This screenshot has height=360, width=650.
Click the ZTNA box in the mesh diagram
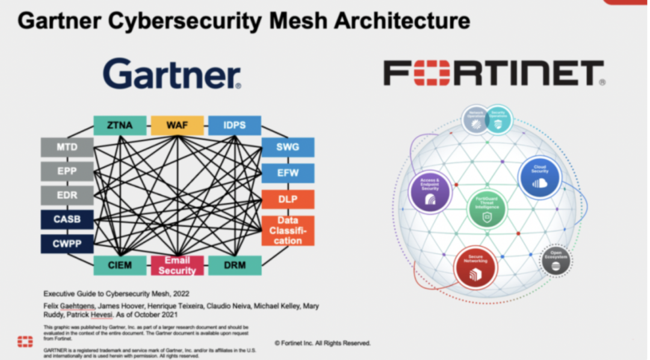tap(120, 125)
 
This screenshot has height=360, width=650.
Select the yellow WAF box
tap(177, 125)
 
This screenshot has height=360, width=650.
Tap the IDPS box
tap(235, 125)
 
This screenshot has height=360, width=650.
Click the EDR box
tap(67, 196)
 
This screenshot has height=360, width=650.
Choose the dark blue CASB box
tap(67, 219)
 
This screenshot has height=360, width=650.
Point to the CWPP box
tap(67, 243)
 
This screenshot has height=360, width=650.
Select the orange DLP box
tap(288, 199)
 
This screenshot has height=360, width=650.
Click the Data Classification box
tap(288, 231)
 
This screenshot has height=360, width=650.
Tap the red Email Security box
tap(177, 265)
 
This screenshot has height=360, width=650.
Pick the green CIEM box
tap(120, 265)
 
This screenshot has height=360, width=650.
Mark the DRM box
tap(235, 265)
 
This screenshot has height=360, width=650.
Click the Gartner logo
tap(172, 74)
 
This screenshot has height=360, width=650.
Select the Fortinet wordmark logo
tap(494, 73)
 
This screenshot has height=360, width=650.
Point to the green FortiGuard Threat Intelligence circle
tap(488, 209)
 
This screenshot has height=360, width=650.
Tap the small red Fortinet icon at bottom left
tap(25, 342)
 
